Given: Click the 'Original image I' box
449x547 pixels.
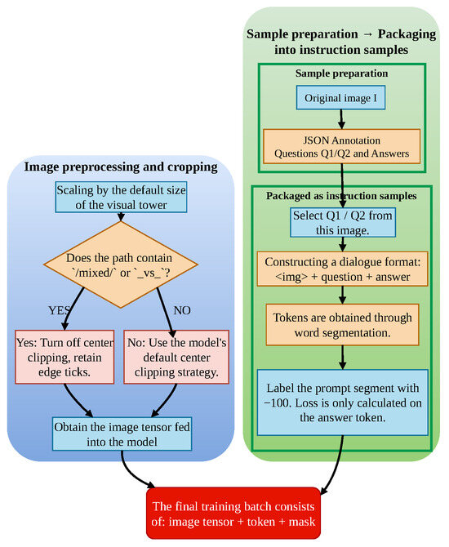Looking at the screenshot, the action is [x=341, y=98].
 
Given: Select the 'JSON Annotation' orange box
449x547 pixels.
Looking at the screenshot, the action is [x=341, y=146].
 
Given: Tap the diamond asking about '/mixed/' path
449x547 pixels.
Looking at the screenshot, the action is [x=121, y=265].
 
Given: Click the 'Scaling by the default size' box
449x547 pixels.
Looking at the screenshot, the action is [x=121, y=197].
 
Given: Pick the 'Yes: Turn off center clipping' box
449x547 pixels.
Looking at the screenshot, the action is [x=64, y=357].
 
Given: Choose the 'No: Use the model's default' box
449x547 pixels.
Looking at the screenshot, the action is [x=176, y=357].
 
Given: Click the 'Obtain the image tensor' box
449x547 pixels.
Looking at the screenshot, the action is [x=122, y=434].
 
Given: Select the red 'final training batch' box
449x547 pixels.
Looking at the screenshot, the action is [x=233, y=514].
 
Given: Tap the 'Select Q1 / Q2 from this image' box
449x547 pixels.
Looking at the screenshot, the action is [x=343, y=223].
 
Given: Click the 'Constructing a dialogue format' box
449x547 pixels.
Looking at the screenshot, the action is [x=343, y=269].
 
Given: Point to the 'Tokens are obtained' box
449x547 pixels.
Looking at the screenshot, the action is [x=342, y=325].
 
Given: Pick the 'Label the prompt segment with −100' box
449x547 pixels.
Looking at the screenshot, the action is [x=343, y=402].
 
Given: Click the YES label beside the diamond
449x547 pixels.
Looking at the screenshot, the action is [x=59, y=310].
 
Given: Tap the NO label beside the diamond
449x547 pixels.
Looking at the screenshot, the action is [x=182, y=310].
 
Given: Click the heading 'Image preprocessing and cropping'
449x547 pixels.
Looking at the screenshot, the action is [x=121, y=167].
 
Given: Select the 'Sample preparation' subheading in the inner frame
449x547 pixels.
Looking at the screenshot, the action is [x=341, y=73].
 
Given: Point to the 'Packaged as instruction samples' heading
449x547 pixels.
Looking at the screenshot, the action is [x=341, y=196].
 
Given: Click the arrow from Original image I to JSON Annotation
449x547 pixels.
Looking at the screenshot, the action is [x=341, y=119].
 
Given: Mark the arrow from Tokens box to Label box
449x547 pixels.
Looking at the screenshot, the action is [x=343, y=358].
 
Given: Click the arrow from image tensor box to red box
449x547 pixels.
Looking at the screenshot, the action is [x=132, y=474].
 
